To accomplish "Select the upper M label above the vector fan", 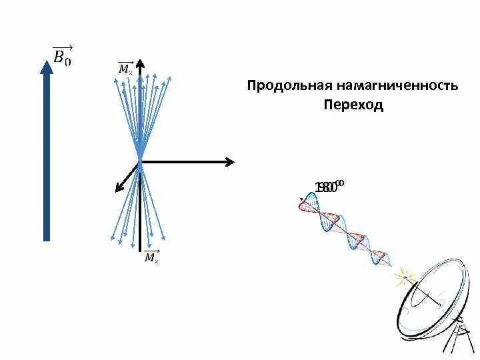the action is click(125, 68).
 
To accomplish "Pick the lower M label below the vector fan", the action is click(151, 257).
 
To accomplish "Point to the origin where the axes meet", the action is click(141, 161).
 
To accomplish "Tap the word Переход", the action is click(353, 105).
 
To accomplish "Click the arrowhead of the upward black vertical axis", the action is click(141, 67).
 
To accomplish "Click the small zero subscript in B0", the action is click(67, 61).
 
